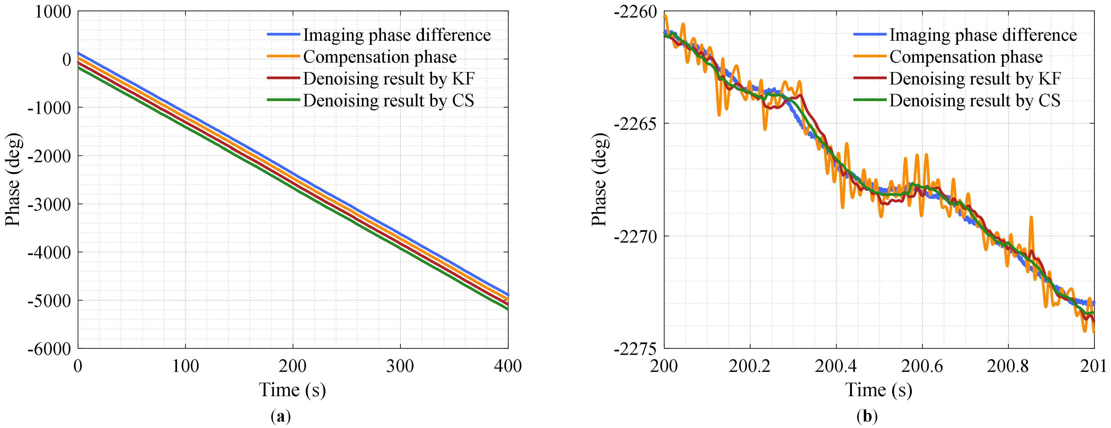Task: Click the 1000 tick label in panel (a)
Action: tap(53, 12)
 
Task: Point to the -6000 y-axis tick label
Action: tap(49, 349)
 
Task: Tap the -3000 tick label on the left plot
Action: tap(49, 204)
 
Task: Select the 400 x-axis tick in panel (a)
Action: tap(508, 366)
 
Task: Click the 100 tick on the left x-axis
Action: tap(185, 366)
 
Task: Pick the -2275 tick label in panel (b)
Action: tap(635, 349)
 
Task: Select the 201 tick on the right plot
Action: tap(1093, 366)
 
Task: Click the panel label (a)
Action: tap(281, 416)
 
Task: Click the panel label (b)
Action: tap(867, 416)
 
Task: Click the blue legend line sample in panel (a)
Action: tap(283, 35)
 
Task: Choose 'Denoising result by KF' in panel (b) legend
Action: tap(975, 79)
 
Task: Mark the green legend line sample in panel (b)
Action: tap(869, 100)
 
